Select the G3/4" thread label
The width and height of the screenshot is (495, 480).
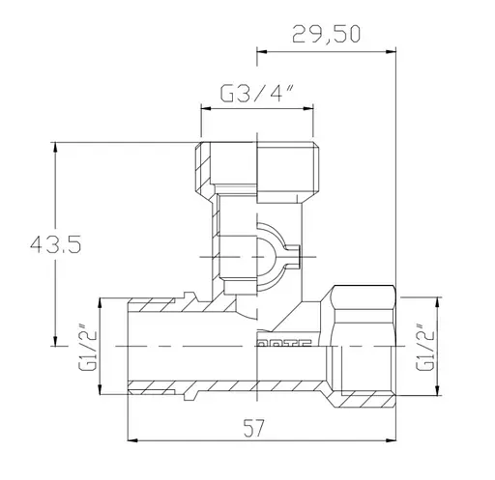[255, 95]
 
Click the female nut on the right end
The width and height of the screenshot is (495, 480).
[364, 343]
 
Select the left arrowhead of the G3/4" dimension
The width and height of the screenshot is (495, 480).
[204, 108]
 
